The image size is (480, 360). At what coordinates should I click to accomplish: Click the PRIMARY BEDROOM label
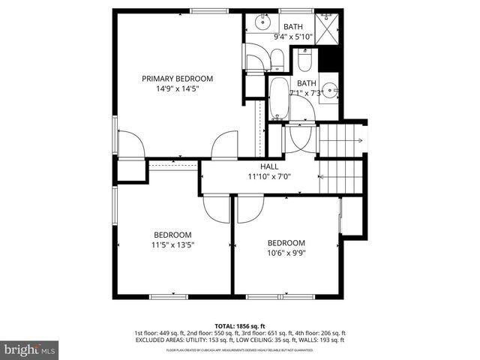178,78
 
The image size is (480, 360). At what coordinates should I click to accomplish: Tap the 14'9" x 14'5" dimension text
178,88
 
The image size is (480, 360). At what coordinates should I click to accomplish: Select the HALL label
269,166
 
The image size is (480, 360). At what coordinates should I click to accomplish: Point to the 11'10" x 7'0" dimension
269,177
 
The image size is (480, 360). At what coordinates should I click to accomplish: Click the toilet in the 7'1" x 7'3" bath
304,60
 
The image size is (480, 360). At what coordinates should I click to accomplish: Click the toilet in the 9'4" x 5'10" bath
275,59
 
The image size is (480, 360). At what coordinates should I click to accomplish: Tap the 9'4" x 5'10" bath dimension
289,36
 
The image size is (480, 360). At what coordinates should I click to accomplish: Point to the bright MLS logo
29,349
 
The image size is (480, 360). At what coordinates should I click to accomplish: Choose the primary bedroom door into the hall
224,147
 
